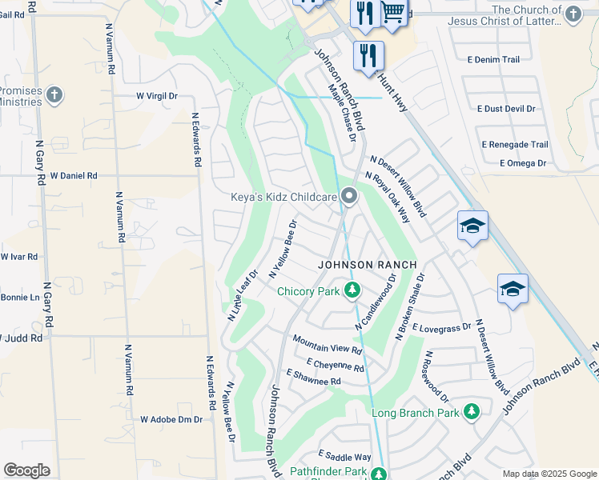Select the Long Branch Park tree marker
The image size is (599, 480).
[x=472, y=412]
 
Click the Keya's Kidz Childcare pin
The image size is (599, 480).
[x=348, y=196]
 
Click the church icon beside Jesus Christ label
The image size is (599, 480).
[x=572, y=14]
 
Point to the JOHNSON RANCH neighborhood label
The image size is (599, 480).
[x=367, y=265]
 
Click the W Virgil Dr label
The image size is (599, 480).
[x=156, y=96]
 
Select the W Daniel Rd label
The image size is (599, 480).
[x=73, y=175]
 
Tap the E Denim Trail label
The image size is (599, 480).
[x=493, y=60]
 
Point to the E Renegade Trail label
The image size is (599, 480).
[x=515, y=145]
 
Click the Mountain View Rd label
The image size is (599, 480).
[x=328, y=345]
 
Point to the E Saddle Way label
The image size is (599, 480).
[x=344, y=457]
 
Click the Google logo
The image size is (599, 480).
[x=27, y=470]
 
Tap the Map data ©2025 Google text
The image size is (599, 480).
[x=549, y=474]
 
